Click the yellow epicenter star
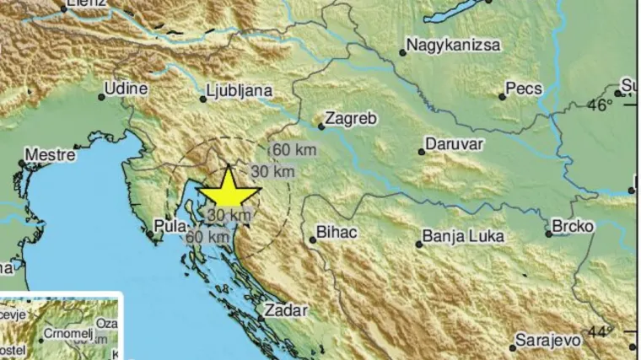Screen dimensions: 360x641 tap(229, 191)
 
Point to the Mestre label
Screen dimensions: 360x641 tap(50, 155)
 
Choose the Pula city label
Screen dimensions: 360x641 tap(164, 226)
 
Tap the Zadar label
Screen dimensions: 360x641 tap(286, 310)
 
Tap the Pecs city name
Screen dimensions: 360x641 tap(523, 88)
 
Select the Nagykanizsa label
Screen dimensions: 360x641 tap(453, 45)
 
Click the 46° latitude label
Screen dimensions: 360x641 tap(601, 105)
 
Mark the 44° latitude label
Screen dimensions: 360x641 tap(601, 331)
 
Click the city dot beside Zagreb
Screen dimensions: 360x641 tap(321, 126)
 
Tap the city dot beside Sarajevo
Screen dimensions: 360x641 tap(513, 347)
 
